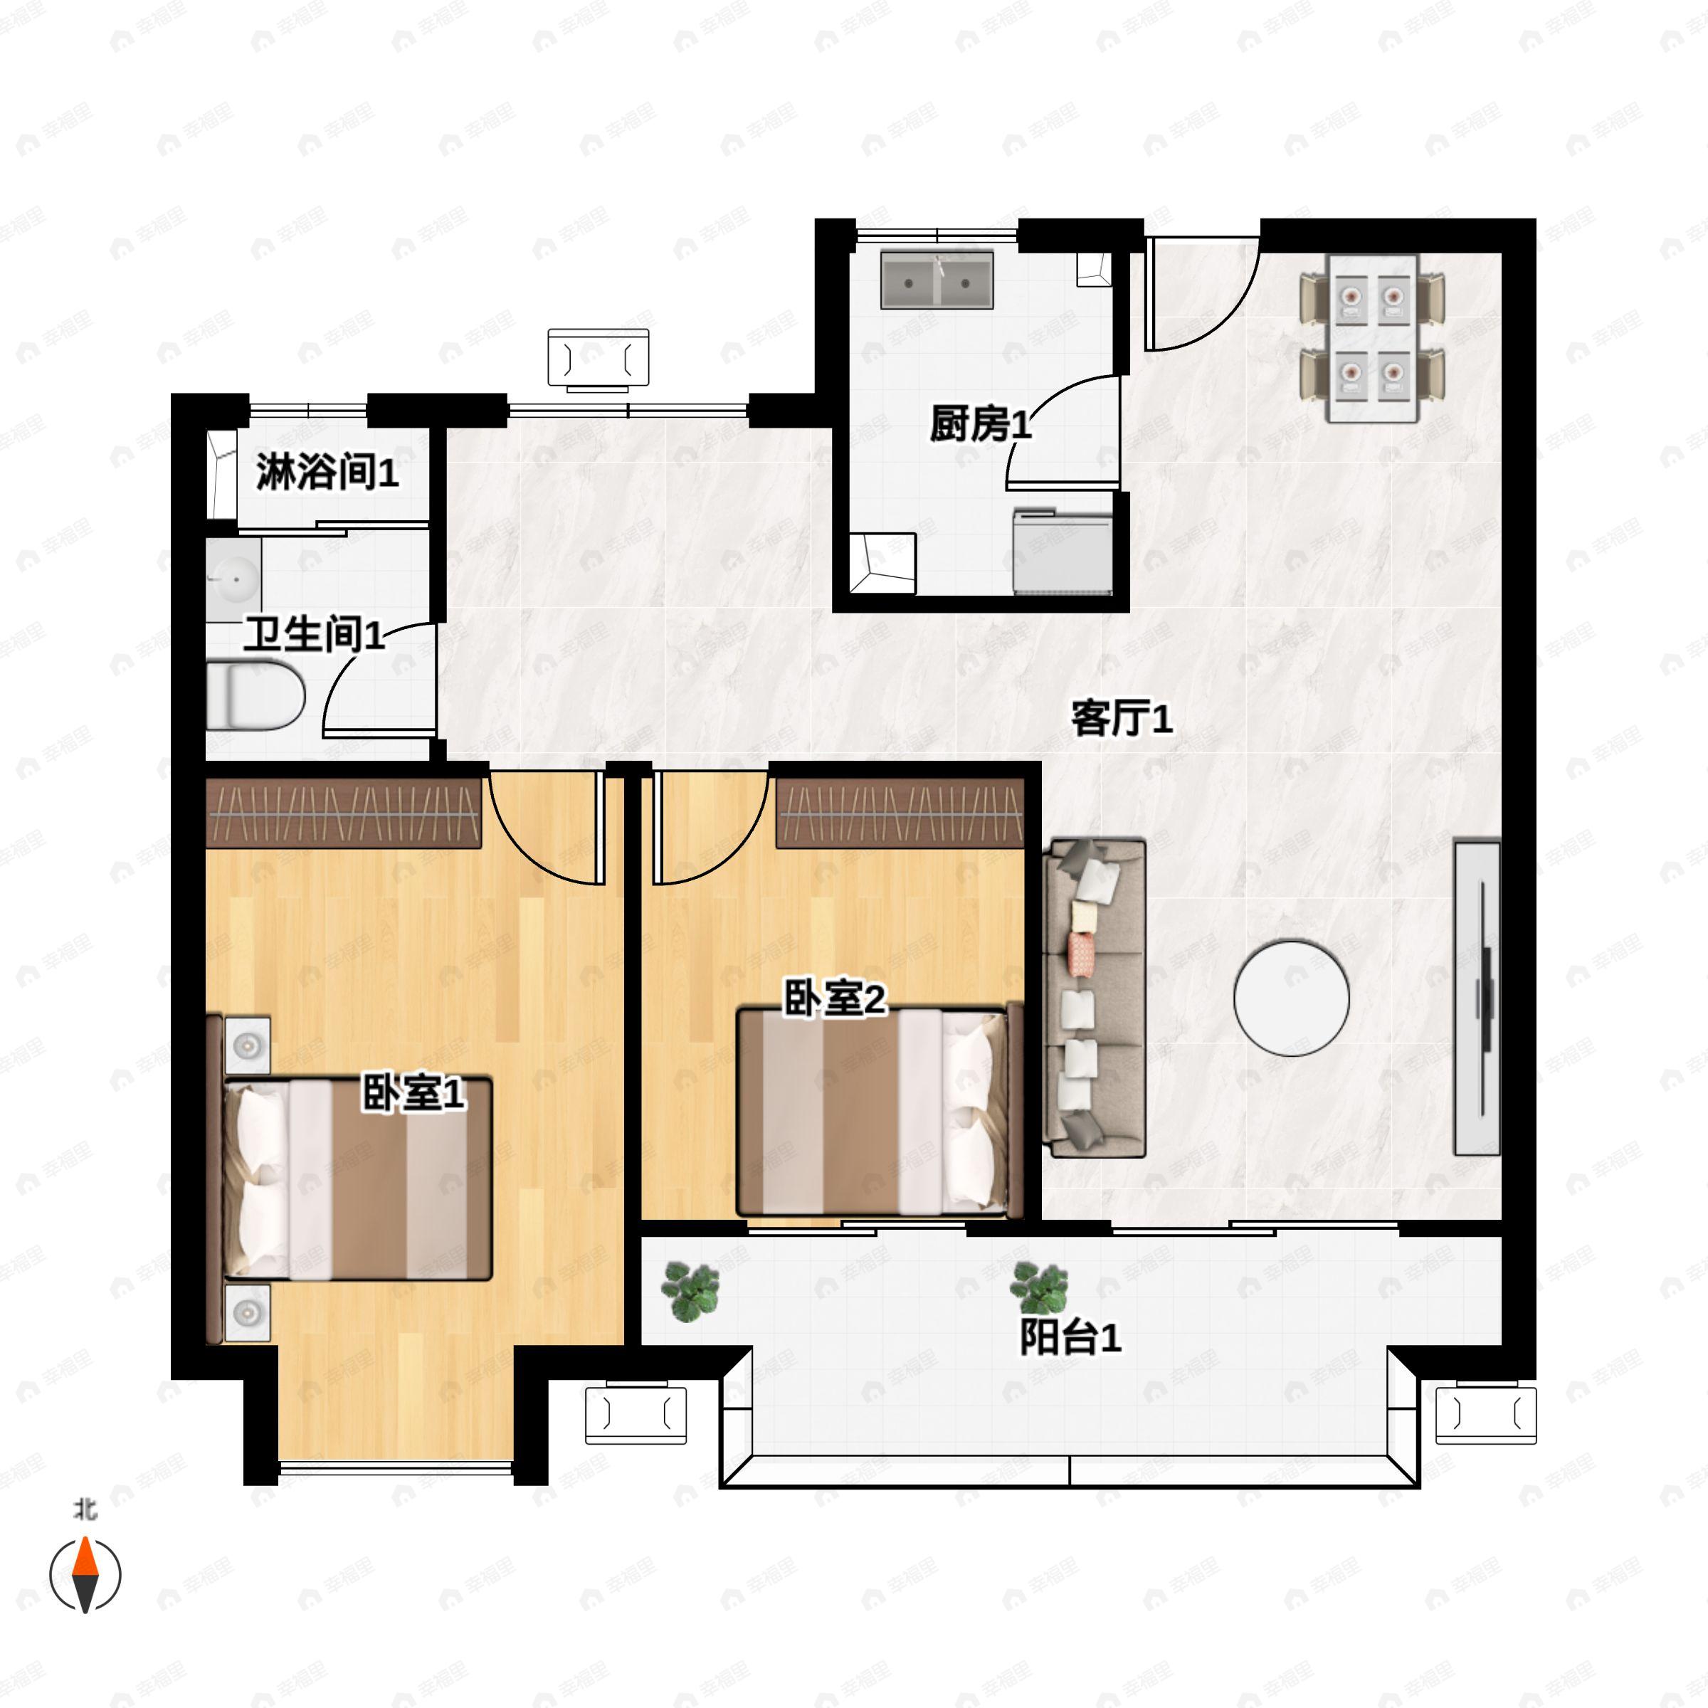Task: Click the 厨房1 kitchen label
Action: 981,424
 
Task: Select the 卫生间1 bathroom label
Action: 315,634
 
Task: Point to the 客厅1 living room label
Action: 1122,718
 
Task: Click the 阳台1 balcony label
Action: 1070,1338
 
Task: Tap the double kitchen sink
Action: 937,280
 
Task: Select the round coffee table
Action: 1292,997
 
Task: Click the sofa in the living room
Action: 1095,998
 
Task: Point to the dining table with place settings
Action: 1373,339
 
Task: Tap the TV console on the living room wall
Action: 1477,998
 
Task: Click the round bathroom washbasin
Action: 233,576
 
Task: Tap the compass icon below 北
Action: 85,1576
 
